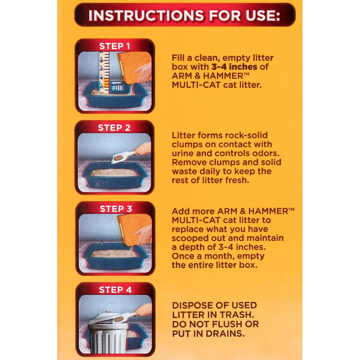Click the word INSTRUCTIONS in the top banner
coord(146,15)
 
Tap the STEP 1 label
coord(114,46)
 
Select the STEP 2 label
coord(114,128)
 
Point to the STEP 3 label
coord(116,209)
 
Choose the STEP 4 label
coord(115,290)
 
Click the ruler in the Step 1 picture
coord(104,72)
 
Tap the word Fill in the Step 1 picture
coord(117,88)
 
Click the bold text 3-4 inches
coord(234,67)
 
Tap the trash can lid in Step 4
coord(103,317)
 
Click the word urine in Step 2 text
coord(183,153)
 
